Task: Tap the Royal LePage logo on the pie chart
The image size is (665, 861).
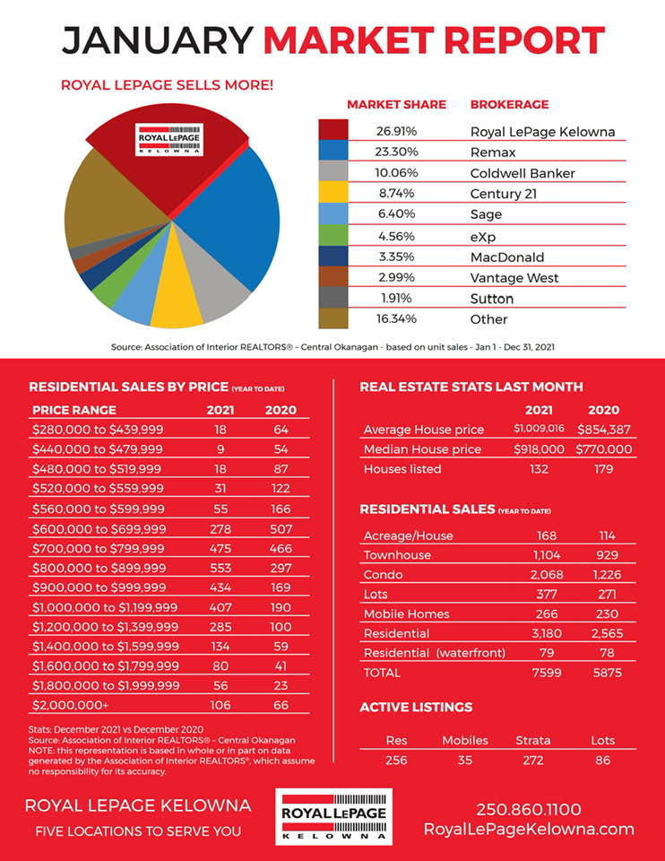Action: [x=169, y=140]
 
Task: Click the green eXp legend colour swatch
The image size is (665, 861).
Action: [x=333, y=236]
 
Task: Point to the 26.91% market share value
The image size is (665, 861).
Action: [x=396, y=131]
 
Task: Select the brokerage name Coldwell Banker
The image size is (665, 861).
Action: [x=522, y=173]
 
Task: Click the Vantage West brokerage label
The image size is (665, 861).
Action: [x=514, y=278]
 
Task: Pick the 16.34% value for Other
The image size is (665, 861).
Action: [x=396, y=318]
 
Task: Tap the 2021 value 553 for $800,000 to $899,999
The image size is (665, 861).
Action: [x=220, y=568]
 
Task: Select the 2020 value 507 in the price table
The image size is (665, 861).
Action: [x=281, y=529]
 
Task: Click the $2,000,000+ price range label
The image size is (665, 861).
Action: [x=70, y=705]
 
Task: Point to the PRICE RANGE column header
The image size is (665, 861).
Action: [x=74, y=410]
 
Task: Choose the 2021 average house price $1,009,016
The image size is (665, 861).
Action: [x=539, y=429]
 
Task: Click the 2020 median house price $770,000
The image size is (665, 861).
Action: [x=603, y=449]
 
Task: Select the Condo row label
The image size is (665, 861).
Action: [x=383, y=574]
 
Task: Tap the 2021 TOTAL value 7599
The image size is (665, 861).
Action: [x=547, y=673]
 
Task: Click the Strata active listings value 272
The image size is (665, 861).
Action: [x=532, y=760]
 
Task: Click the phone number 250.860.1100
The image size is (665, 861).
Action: [x=529, y=809]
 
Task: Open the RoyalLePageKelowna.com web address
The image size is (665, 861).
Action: [x=529, y=829]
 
